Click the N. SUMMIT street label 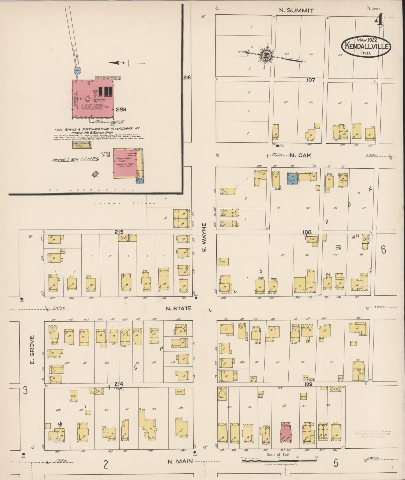[x=296, y=11]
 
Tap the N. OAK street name [x=300, y=155]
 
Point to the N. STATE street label [x=179, y=308]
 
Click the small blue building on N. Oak [x=292, y=178]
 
